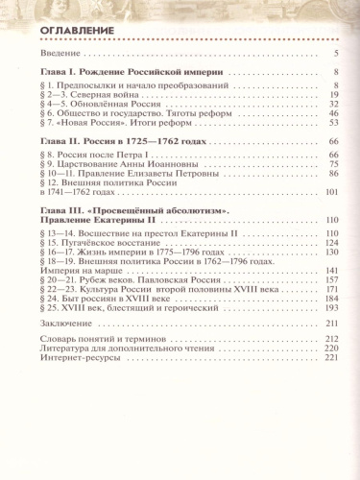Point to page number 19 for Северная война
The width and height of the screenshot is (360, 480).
coord(334,96)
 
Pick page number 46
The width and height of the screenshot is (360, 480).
coord(334,113)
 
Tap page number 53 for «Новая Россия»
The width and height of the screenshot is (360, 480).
coord(334,123)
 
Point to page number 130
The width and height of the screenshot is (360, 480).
coord(332,253)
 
